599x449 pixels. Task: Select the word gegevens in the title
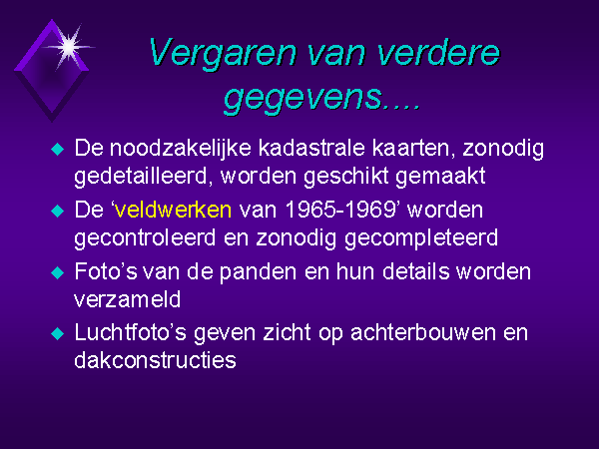[302, 97]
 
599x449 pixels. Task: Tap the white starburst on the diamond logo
[69, 47]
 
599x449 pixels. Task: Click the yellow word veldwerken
[173, 210]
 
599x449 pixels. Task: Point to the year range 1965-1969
[340, 210]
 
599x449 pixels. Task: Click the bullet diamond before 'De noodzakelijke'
[57, 149]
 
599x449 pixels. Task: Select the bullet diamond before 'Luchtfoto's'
[57, 333]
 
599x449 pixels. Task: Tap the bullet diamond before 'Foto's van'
[57, 272]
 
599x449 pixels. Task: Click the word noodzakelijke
[181, 149]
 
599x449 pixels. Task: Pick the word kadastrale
[311, 148]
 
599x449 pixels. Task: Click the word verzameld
[127, 299]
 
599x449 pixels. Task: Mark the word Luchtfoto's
[130, 332]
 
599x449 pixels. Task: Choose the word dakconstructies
[155, 360]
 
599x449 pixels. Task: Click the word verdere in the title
[438, 54]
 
